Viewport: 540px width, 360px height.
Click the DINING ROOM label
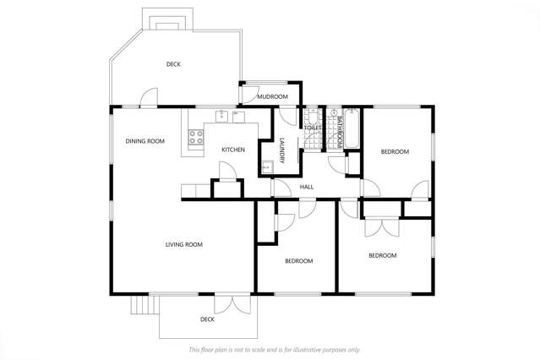145,141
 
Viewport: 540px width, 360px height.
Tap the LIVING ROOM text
183,244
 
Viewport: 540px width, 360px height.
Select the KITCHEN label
233,150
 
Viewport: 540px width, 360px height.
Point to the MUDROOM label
273,96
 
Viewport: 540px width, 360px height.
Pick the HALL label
307,186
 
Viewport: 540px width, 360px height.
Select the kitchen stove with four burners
197,136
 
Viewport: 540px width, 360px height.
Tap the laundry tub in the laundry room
266,166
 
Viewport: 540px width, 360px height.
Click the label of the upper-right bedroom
395,151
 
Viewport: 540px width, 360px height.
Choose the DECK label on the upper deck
173,64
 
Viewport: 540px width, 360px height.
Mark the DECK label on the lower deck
207,319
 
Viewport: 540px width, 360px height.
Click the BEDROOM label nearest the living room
298,261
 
